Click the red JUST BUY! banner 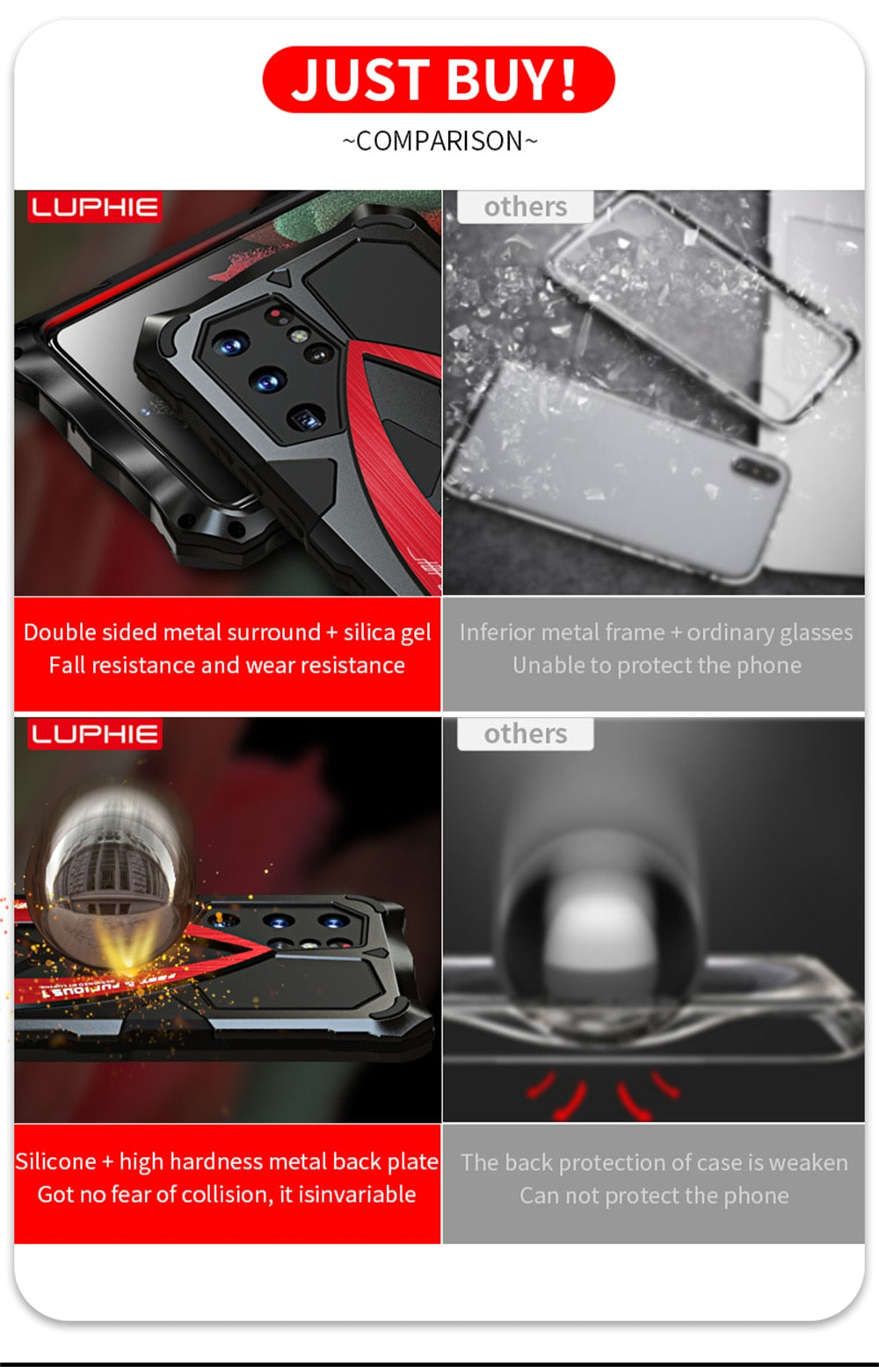(x=438, y=79)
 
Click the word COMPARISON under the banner (x=439, y=141)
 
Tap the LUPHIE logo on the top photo (x=95, y=207)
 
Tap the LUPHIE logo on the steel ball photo (x=95, y=734)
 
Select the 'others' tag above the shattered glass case (x=525, y=206)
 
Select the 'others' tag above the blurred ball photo (x=525, y=734)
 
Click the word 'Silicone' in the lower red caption (x=55, y=1161)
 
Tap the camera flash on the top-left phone (x=299, y=335)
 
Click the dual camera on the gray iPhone (x=758, y=472)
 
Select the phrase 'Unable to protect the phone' (x=657, y=666)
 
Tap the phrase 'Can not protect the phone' (x=654, y=1196)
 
